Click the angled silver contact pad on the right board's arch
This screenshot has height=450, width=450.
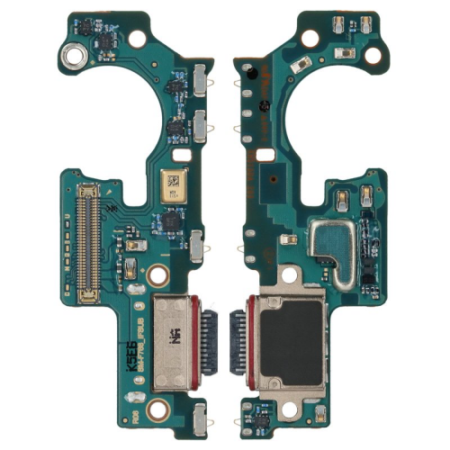301,63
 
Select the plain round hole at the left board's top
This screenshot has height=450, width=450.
138,38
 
